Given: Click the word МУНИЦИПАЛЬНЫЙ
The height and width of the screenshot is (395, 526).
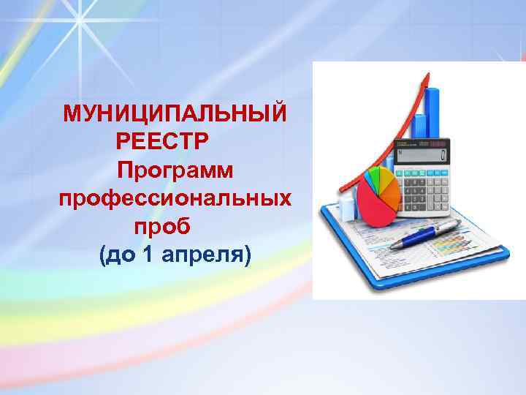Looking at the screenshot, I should coord(175,114).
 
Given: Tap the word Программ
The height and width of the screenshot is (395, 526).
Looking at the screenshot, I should coord(175,170).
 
